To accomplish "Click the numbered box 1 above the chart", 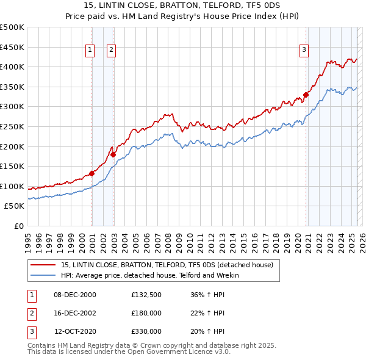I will pyautogui.click(x=90, y=50).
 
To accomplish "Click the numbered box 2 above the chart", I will pyautogui.click(x=112, y=50).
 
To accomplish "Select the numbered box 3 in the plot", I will pyautogui.click(x=304, y=50).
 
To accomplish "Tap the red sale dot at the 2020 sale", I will pyautogui.click(x=306, y=95).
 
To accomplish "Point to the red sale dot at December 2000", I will pyautogui.click(x=92, y=173).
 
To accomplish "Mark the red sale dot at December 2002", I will pyautogui.click(x=113, y=154).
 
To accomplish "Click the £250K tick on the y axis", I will pyautogui.click(x=12, y=126).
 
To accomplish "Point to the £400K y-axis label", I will pyautogui.click(x=12, y=67).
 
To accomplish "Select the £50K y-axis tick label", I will pyautogui.click(x=15, y=206).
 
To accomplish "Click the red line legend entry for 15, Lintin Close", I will pyautogui.click(x=170, y=265).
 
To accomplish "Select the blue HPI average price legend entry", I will pyautogui.click(x=149, y=275).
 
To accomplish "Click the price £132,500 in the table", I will pyautogui.click(x=146, y=295).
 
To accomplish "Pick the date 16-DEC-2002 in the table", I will pyautogui.click(x=75, y=313).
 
